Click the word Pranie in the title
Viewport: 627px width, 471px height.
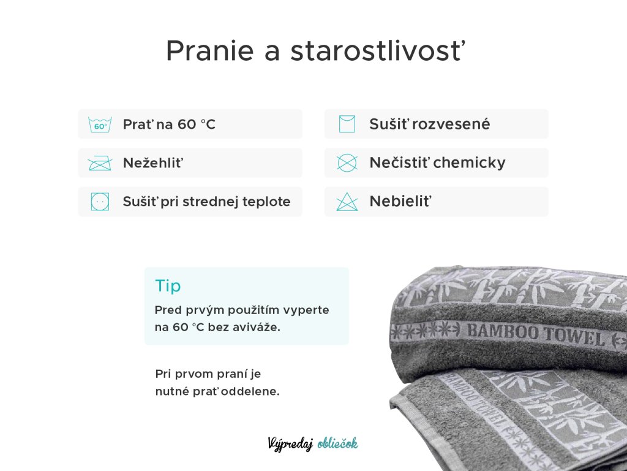(210, 51)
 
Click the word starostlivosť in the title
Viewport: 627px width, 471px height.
(378, 50)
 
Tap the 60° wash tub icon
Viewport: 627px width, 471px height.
(100, 124)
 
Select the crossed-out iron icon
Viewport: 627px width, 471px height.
(100, 163)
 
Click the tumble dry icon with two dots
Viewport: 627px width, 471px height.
(100, 201)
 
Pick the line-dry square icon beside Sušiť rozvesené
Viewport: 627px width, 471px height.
(347, 124)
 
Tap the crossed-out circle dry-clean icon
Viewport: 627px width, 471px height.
(347, 163)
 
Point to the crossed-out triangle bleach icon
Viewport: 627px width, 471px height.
(347, 201)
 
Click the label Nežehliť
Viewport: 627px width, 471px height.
(153, 163)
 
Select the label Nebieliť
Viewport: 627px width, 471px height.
(400, 201)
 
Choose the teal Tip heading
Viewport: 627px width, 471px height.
(168, 286)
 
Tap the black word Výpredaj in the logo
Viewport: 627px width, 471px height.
(290, 444)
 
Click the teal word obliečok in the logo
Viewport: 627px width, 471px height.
(337, 443)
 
